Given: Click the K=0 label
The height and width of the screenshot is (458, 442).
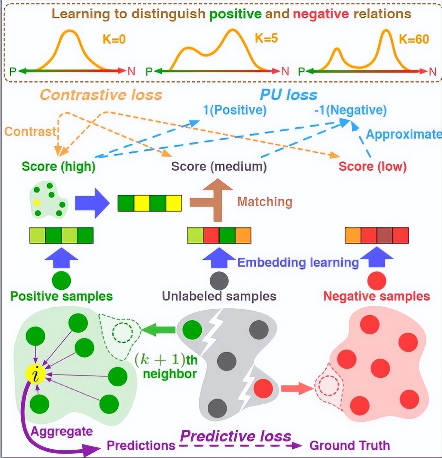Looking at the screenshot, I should click(x=114, y=39).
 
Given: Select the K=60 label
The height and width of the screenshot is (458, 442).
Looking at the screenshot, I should click(x=414, y=39).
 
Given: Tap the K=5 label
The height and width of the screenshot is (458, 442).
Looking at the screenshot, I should click(x=266, y=38).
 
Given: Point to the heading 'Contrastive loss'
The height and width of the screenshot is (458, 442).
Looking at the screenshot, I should click(x=101, y=95).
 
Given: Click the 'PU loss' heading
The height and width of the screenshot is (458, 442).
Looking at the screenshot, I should click(x=289, y=95).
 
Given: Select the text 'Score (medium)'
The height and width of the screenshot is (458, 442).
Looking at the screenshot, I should click(x=219, y=167).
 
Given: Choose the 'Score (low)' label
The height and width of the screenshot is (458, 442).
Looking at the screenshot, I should click(x=372, y=167).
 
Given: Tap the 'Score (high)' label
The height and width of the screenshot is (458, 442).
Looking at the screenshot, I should click(x=59, y=167).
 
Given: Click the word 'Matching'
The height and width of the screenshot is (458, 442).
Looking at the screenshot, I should click(x=265, y=202).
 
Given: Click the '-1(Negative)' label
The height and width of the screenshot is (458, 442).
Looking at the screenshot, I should click(x=350, y=110).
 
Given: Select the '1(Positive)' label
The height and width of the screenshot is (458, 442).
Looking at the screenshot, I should click(x=235, y=110).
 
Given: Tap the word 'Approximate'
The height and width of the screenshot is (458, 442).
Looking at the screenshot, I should click(x=403, y=135).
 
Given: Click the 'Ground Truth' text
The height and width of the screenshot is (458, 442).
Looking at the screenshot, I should click(x=349, y=445).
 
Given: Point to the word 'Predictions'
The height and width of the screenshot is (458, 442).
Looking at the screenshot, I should click(x=141, y=445).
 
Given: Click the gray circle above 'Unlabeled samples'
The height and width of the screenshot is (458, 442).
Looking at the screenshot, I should click(x=219, y=281).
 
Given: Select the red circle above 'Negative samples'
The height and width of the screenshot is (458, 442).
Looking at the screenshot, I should click(x=376, y=281).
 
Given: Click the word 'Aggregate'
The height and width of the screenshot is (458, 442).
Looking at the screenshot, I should click(x=62, y=431).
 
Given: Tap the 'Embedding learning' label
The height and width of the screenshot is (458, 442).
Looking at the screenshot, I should click(x=298, y=263).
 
